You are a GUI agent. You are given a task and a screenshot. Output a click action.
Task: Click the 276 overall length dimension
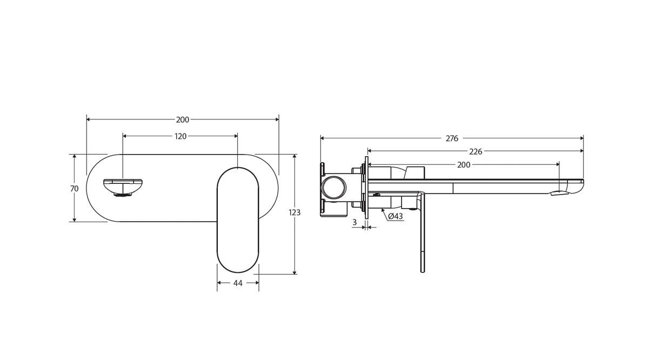tap(452, 138)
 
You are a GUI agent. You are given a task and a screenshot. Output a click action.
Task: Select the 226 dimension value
tap(476, 151)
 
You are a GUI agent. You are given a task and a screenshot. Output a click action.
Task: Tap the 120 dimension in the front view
tap(180, 136)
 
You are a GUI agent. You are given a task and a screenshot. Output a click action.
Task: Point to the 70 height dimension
tap(75, 189)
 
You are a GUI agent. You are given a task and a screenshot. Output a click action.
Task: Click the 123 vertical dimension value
tap(294, 212)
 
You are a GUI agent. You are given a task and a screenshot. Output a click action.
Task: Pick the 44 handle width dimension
tap(238, 283)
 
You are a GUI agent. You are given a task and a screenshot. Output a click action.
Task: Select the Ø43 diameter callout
tap(396, 216)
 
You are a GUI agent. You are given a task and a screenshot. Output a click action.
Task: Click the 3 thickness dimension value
tap(354, 222)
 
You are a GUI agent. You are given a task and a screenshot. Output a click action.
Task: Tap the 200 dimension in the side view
tap(464, 165)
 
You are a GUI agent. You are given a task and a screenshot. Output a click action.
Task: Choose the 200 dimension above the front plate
tap(183, 119)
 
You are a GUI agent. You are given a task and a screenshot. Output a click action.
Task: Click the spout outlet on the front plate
tap(123, 188)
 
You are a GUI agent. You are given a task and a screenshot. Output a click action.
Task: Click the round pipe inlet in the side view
tap(333, 188)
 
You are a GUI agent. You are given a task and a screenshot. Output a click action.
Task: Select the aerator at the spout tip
tap(559, 193)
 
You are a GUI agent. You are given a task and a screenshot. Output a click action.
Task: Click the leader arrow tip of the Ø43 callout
tap(382, 209)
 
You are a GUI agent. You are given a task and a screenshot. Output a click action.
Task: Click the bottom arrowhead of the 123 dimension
tap(294, 273)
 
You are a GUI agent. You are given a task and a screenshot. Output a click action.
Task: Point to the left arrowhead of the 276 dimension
tap(322, 138)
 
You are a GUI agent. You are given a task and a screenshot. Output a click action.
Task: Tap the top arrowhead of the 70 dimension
tap(75, 156)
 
